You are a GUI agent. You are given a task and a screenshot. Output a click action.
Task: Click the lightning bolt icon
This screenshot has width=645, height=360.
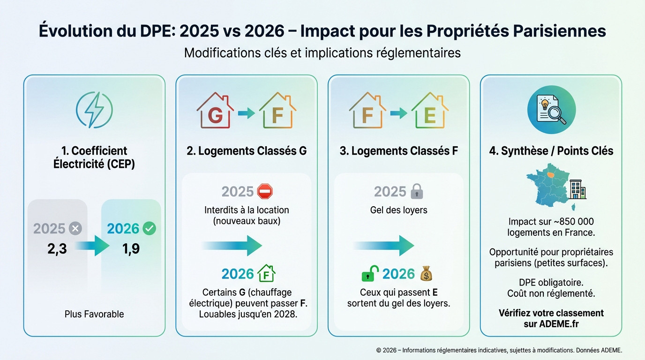(x=94, y=110)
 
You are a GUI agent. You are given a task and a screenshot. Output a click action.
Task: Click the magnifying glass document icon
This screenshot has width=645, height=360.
(x=551, y=110)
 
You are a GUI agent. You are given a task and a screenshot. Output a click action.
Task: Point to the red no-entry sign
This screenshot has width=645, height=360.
(x=265, y=191)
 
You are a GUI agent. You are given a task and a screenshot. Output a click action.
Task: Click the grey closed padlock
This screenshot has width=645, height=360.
(x=417, y=191)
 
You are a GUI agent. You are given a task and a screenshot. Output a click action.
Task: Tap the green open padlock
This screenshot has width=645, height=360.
(x=370, y=274)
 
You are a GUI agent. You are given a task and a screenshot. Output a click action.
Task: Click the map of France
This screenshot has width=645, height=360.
(x=548, y=185)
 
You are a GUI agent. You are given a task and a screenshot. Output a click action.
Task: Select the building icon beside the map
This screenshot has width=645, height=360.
(x=577, y=189)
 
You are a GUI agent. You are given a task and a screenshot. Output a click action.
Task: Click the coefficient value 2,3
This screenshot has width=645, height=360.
(x=57, y=249)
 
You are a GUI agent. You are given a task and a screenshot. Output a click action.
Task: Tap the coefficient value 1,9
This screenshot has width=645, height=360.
(x=131, y=249)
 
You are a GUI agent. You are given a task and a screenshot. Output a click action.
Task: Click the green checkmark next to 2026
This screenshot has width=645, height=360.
(x=149, y=228)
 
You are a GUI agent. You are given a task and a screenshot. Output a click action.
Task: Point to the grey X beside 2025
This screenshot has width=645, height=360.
(x=75, y=228)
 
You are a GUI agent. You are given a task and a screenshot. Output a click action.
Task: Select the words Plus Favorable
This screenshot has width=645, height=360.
(x=94, y=314)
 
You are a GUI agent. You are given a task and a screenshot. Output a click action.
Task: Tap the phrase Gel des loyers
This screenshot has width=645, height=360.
(x=398, y=210)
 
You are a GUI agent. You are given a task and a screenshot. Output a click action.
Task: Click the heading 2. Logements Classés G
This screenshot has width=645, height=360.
(x=247, y=150)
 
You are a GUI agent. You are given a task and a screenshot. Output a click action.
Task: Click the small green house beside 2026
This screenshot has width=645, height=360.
(x=266, y=274)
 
